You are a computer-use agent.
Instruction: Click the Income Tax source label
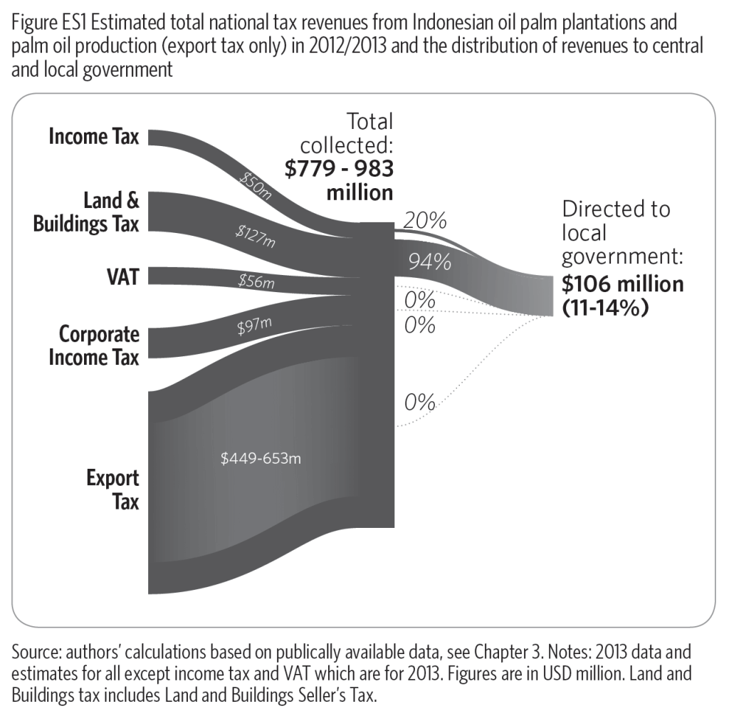(x=93, y=136)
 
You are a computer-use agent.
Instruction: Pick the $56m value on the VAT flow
(x=256, y=282)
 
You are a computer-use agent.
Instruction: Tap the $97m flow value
(x=255, y=326)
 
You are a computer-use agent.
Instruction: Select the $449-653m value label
(x=261, y=458)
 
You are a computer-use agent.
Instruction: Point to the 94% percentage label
(x=429, y=262)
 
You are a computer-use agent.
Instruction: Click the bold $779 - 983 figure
(x=339, y=169)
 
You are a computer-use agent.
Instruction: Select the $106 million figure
(x=622, y=284)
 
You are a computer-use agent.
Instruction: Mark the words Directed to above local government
(x=616, y=209)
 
